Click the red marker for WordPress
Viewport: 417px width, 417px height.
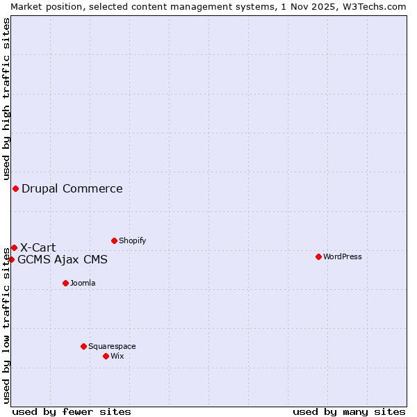pyautogui.click(x=318, y=256)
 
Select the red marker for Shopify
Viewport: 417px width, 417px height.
pyautogui.click(x=114, y=240)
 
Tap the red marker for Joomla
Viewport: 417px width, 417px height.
pyautogui.click(x=65, y=283)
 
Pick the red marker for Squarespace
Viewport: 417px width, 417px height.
pyautogui.click(x=83, y=346)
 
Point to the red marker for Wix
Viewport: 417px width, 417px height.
pyautogui.click(x=106, y=356)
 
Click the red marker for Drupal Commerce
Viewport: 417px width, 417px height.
pyautogui.click(x=15, y=188)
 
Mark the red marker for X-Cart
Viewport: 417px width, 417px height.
pyautogui.click(x=14, y=247)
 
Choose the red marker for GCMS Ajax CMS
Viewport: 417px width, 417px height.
pyautogui.click(x=11, y=259)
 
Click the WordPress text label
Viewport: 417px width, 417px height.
pyautogui.click(x=343, y=256)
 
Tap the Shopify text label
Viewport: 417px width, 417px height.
pyautogui.click(x=133, y=240)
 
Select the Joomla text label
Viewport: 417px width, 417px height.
pyautogui.click(x=83, y=283)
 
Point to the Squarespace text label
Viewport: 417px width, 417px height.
pyautogui.click(x=112, y=346)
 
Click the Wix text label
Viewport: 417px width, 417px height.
pyautogui.click(x=117, y=356)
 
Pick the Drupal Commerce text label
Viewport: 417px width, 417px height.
pyautogui.click(x=72, y=188)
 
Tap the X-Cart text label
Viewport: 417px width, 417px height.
pyautogui.click(x=38, y=247)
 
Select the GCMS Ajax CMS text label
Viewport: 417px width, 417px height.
pyautogui.click(x=63, y=260)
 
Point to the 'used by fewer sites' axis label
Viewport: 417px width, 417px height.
pyautogui.click(x=72, y=411)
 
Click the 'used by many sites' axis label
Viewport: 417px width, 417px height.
pyautogui.click(x=349, y=411)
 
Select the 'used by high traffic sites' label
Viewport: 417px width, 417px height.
pyautogui.click(x=6, y=99)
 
